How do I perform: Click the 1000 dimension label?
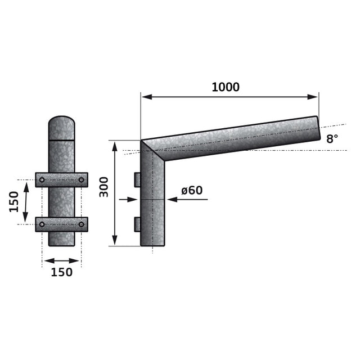pos(226,87)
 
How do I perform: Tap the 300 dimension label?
pos(103,187)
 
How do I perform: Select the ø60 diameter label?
pos(192,190)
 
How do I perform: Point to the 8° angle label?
pos(332,139)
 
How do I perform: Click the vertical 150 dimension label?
pos(13,202)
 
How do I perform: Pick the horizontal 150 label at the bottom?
pos(61,272)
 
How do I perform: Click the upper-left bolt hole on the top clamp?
pos(42,180)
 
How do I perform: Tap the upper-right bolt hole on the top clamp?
pos(81,180)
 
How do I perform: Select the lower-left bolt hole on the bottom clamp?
pos(42,224)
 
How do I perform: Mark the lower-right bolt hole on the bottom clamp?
pos(81,224)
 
